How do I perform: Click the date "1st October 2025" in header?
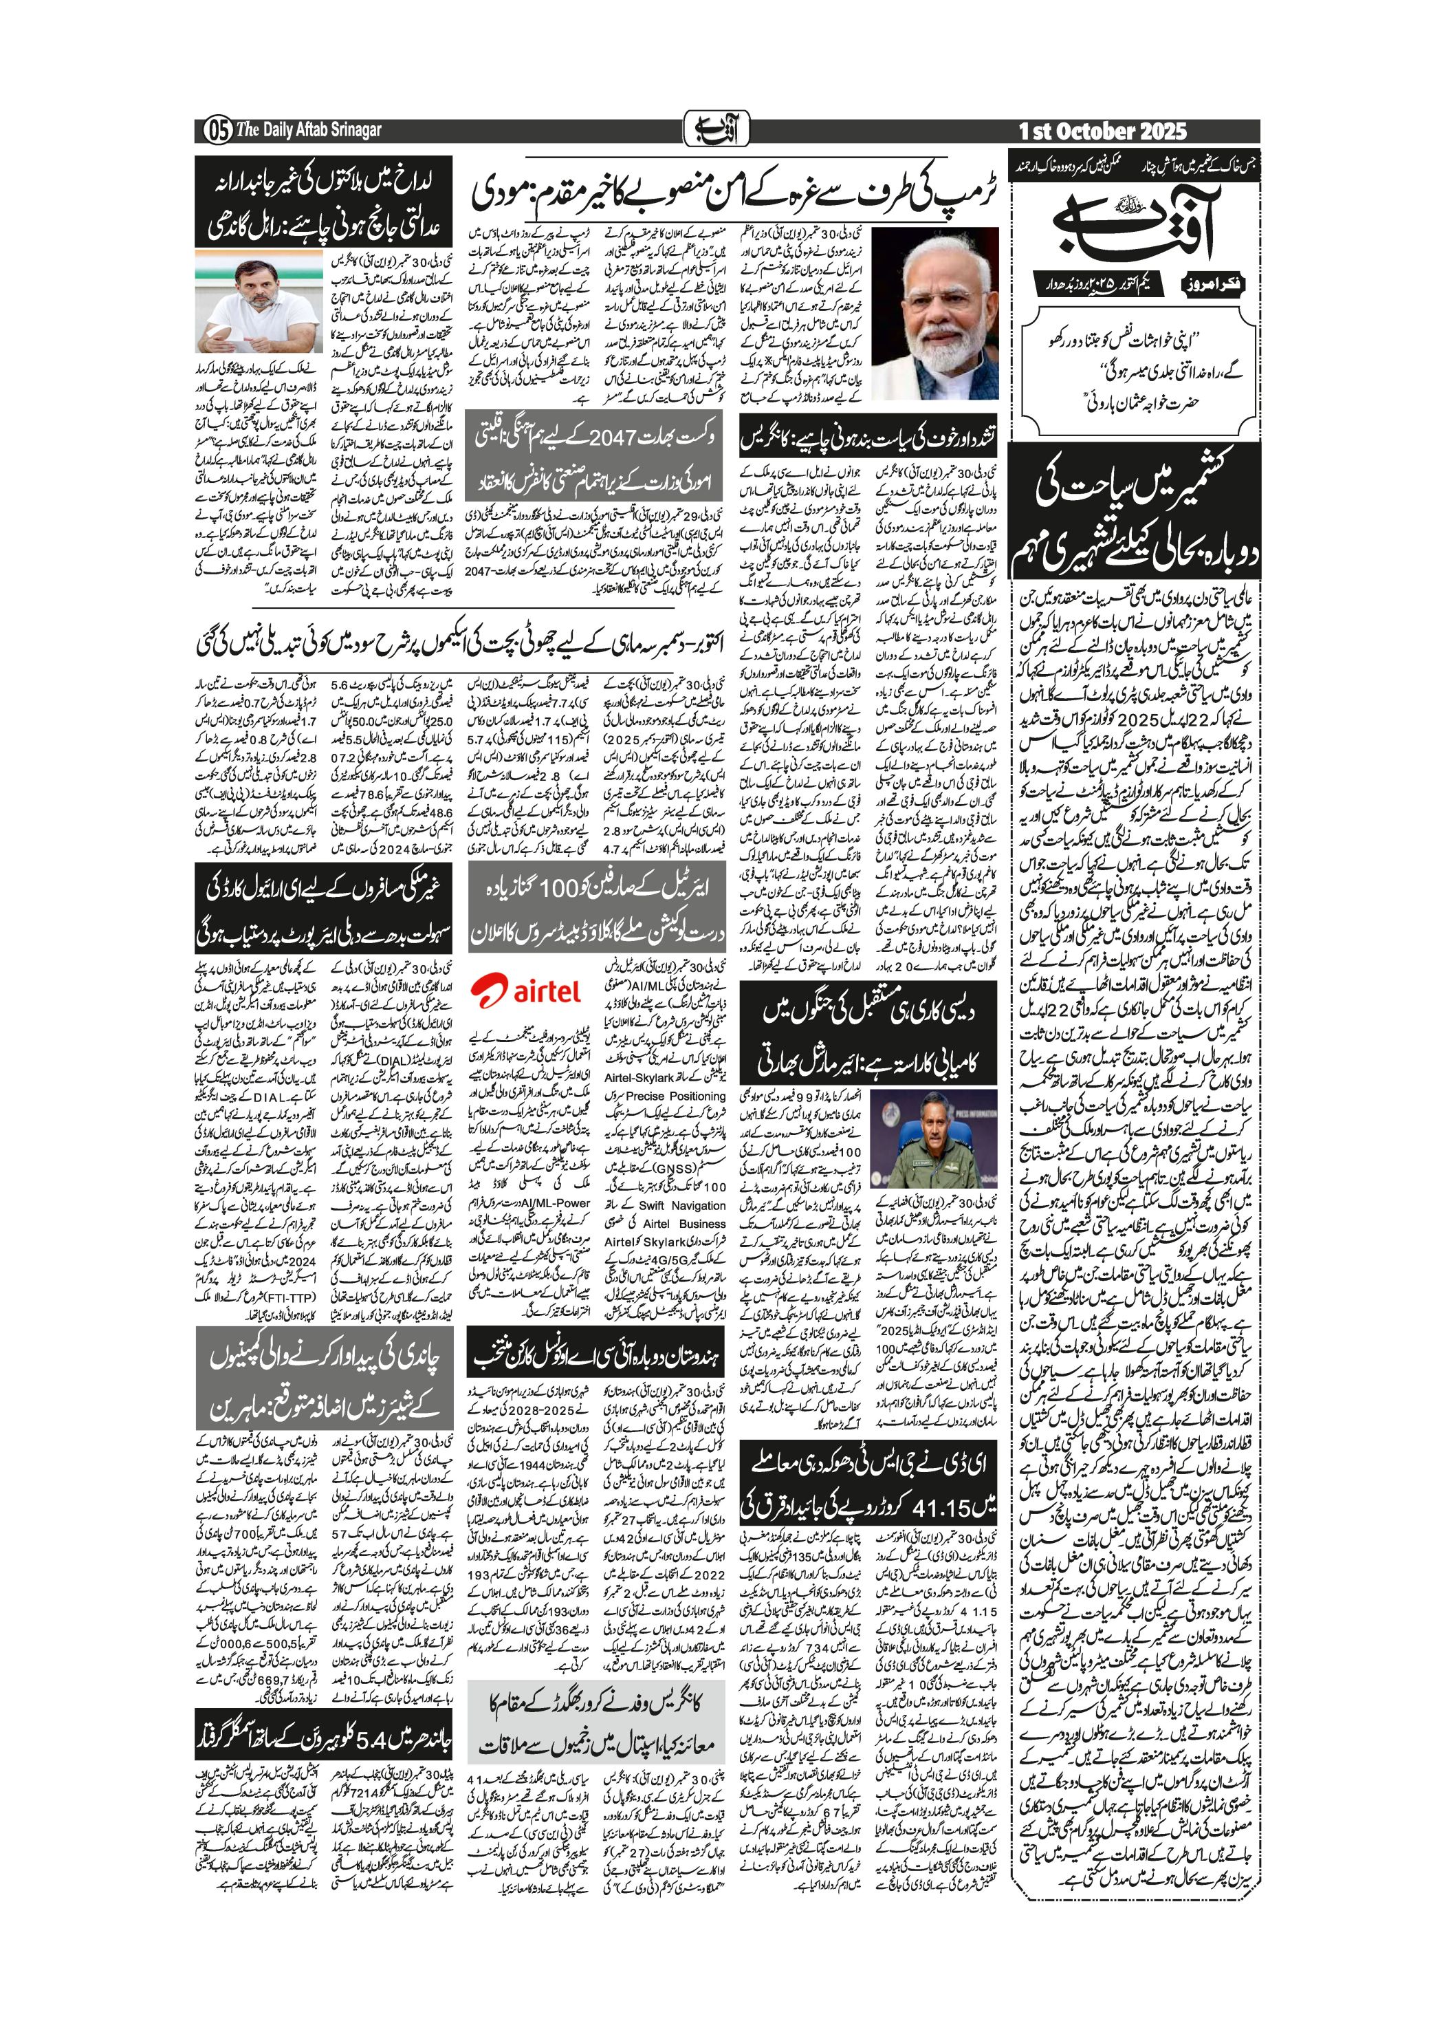coord(1102,131)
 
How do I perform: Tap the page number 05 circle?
coord(216,131)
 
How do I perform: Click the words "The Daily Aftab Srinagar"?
coord(308,131)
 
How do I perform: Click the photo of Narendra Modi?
coord(934,312)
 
